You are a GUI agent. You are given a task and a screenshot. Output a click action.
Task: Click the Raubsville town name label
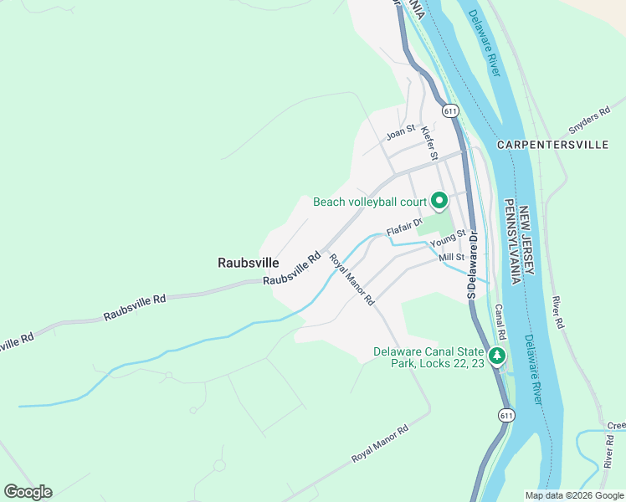click(248, 262)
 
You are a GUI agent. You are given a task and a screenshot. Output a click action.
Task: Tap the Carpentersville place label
click(552, 145)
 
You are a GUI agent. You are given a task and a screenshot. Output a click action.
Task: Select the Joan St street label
click(400, 132)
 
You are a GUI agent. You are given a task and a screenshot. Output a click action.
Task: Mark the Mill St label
click(451, 258)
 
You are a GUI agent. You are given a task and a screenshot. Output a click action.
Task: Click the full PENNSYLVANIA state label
click(509, 243)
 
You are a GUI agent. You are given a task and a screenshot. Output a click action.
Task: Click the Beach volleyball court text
click(370, 202)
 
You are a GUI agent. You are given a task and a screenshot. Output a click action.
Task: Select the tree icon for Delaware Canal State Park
click(497, 356)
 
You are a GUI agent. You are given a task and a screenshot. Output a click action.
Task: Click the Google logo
click(28, 492)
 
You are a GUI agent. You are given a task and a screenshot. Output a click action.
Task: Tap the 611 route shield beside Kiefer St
click(450, 110)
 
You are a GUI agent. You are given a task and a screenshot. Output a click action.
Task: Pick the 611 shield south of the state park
click(505, 415)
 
